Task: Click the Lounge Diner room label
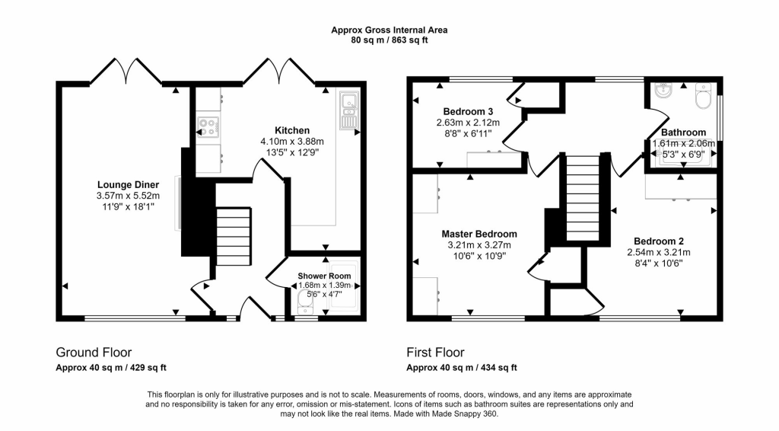pos(127,184)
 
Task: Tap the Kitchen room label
pos(292,130)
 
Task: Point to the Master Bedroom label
pos(479,234)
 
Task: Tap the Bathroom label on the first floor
pos(682,132)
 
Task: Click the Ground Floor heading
pos(94,353)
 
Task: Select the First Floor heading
pos(435,353)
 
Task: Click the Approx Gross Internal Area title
pos(389,30)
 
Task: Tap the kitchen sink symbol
pos(349,109)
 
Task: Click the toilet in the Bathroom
pos(702,97)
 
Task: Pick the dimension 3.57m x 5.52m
pos(127,196)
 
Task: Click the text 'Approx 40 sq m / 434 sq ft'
pos(462,368)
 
